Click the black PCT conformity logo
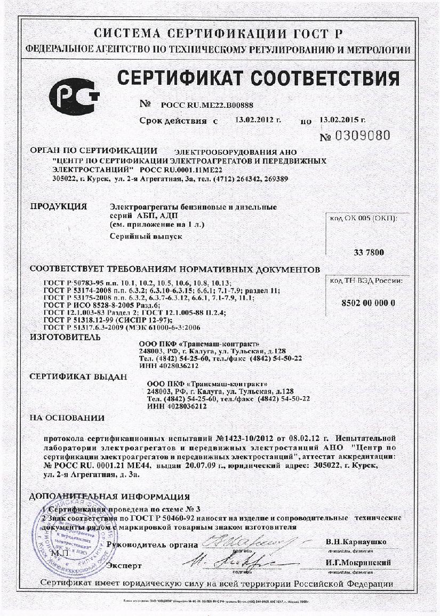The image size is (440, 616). [74, 96]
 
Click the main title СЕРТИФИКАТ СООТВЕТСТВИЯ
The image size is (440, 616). [258, 78]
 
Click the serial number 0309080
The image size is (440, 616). [363, 135]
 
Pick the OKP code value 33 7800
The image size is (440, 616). [369, 252]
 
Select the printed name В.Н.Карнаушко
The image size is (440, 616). [356, 542]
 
